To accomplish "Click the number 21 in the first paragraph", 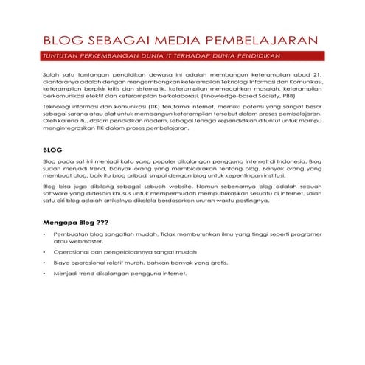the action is (x=319, y=76).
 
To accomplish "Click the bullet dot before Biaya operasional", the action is (x=45, y=262).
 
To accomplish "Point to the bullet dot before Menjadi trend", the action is (x=45, y=273).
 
